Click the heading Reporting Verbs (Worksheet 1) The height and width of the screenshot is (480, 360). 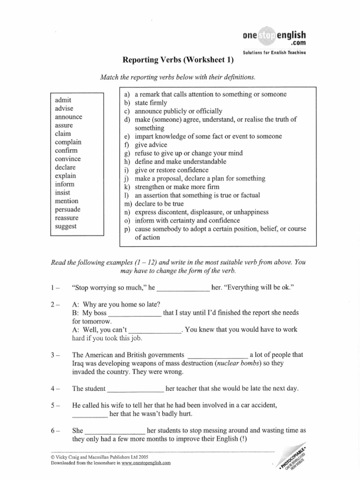coord(178,60)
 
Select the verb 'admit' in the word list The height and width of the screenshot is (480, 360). coord(63,100)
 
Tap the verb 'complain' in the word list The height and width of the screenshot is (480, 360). coord(68,142)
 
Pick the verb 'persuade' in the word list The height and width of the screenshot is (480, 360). coord(67,210)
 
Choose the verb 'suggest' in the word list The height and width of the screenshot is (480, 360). coord(66,226)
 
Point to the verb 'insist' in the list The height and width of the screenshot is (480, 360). coord(62,193)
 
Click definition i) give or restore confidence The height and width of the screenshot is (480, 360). coord(172,170)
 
